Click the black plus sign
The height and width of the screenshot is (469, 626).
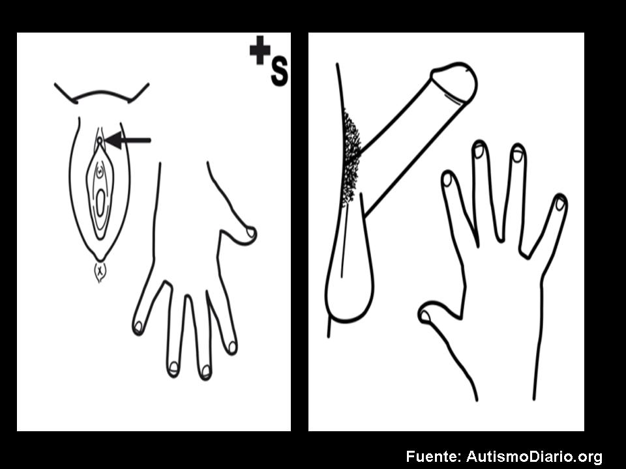point(260,50)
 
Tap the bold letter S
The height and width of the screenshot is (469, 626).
point(279,72)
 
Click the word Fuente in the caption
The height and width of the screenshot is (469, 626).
point(433,456)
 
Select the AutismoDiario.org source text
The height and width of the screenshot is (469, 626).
point(534,457)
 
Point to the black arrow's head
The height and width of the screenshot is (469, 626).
point(113,140)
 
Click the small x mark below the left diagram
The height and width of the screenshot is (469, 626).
point(100,271)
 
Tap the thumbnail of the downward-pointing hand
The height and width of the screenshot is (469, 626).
point(250,232)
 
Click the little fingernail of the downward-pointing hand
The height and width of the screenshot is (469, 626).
point(138,327)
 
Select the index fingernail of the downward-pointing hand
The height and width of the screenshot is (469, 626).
point(232,347)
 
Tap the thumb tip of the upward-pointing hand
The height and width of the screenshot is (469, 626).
point(425,317)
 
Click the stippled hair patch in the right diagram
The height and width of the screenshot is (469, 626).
point(351,158)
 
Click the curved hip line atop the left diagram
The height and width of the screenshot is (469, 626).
point(102,93)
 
